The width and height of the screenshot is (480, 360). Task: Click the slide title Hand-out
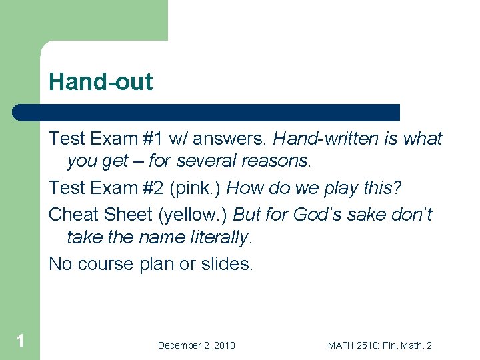coord(101,82)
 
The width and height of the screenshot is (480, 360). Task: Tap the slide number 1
coord(20,341)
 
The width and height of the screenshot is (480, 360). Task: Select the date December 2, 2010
coord(196,345)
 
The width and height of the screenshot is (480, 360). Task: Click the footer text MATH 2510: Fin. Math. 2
coord(380,345)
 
